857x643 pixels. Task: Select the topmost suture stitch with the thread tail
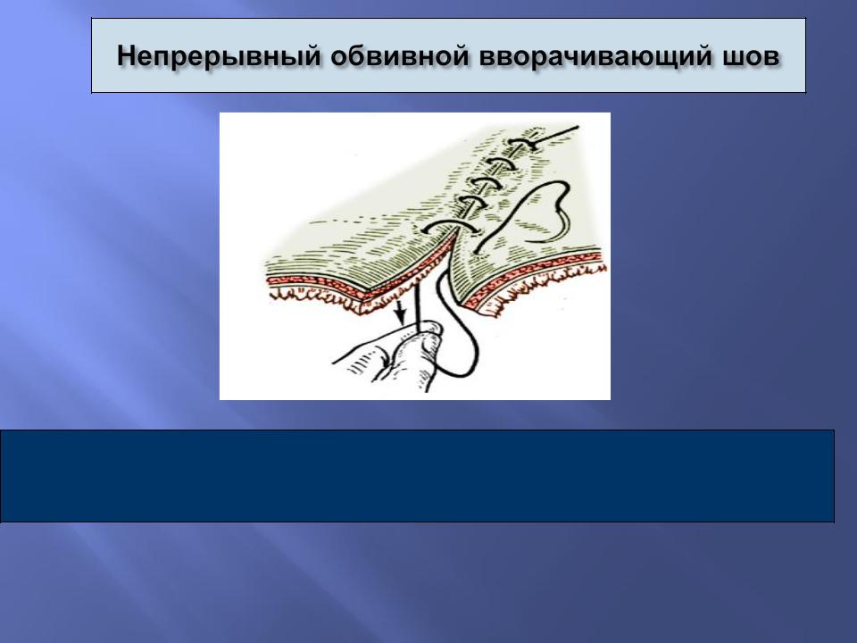pos(524,144)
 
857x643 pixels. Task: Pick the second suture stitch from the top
pos(501,163)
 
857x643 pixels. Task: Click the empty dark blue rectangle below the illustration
pos(417,476)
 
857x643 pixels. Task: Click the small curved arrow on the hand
pos(387,358)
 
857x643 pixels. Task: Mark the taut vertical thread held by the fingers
pos(419,304)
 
